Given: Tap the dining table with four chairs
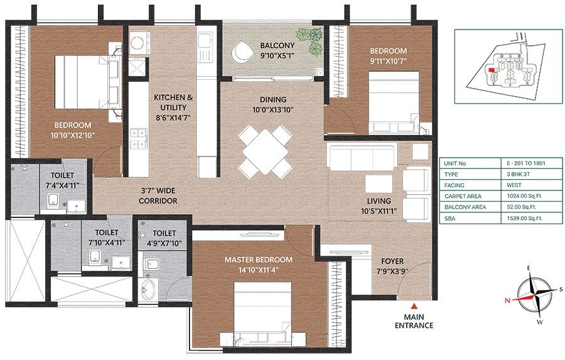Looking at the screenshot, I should tap(266, 151).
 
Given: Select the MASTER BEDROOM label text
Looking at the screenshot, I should tap(260, 259).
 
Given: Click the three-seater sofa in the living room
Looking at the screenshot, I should tap(355, 158).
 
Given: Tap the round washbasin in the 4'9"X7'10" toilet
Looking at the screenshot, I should tap(150, 291).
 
